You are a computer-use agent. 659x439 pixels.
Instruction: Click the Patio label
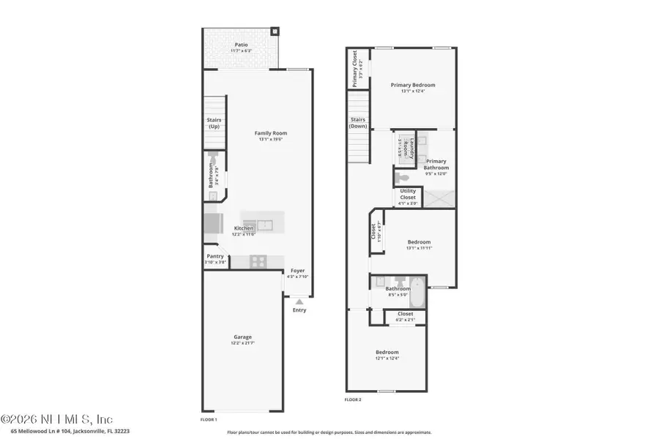(x=241, y=45)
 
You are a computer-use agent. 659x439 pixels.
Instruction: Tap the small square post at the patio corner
(x=275, y=31)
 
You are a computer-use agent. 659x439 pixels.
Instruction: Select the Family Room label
(x=270, y=133)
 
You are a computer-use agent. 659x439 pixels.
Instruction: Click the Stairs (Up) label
(x=214, y=123)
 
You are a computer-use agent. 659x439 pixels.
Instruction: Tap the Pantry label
(x=215, y=256)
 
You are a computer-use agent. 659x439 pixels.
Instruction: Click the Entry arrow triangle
(x=298, y=301)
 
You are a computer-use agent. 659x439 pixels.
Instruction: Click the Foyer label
(x=297, y=271)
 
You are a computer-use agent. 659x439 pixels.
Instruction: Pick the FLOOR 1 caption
(x=209, y=420)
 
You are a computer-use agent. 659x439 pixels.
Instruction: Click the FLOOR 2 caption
(x=353, y=399)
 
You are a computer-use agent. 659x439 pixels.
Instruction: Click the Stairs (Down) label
(x=357, y=122)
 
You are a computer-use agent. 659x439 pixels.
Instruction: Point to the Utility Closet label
(x=408, y=195)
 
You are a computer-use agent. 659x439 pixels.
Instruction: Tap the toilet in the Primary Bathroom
(x=401, y=177)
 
